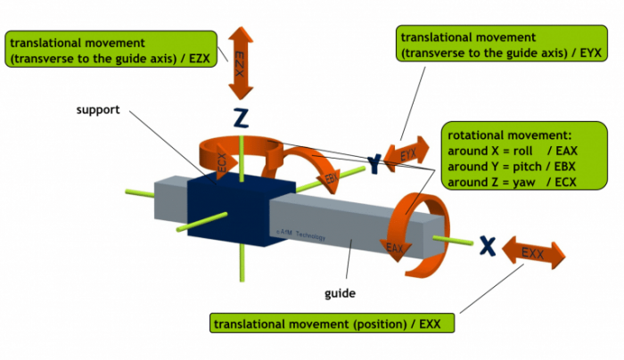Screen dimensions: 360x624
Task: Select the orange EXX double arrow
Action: pos(533,253)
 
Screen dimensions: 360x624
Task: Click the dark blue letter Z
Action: pos(240,118)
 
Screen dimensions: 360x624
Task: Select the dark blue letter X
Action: pos(487,244)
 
